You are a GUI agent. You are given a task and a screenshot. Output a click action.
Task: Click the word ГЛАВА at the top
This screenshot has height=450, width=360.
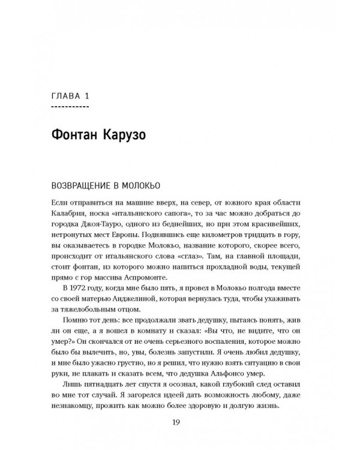click(67, 96)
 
